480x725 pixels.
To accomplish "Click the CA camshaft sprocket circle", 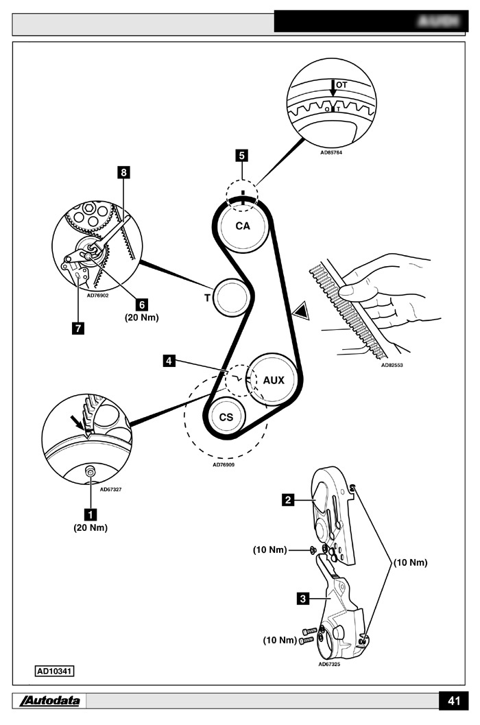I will (x=243, y=227).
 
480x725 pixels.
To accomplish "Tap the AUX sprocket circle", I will (x=274, y=379).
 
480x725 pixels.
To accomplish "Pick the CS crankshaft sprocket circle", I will (x=226, y=417).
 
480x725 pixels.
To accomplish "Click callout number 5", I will (x=242, y=156).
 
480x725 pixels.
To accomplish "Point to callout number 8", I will (x=123, y=173).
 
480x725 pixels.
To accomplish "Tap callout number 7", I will (x=79, y=328).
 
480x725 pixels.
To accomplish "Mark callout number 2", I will (x=289, y=500).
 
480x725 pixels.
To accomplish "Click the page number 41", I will (x=453, y=701).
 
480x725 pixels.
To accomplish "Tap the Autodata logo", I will (x=50, y=701).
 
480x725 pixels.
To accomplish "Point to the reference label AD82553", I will (x=392, y=366).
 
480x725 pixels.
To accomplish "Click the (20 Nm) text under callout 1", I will (x=91, y=528).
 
